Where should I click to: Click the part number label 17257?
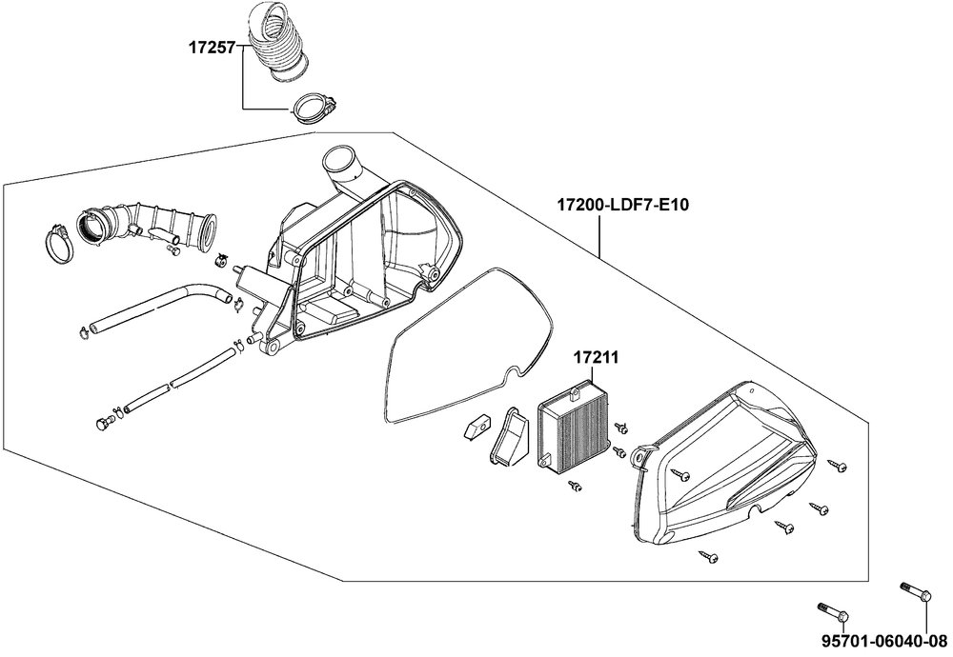click(x=211, y=47)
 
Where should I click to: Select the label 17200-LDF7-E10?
click(x=623, y=206)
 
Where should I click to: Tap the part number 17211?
click(x=597, y=358)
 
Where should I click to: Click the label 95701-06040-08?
click(x=884, y=641)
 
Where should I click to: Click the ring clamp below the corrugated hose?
click(x=314, y=108)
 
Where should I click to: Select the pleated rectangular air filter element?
click(x=573, y=427)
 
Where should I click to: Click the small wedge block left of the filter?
click(x=475, y=425)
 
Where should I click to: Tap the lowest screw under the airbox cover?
click(x=708, y=556)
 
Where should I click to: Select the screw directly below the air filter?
click(x=575, y=485)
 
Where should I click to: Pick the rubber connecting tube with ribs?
click(x=151, y=222)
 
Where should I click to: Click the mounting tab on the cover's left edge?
click(x=641, y=457)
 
